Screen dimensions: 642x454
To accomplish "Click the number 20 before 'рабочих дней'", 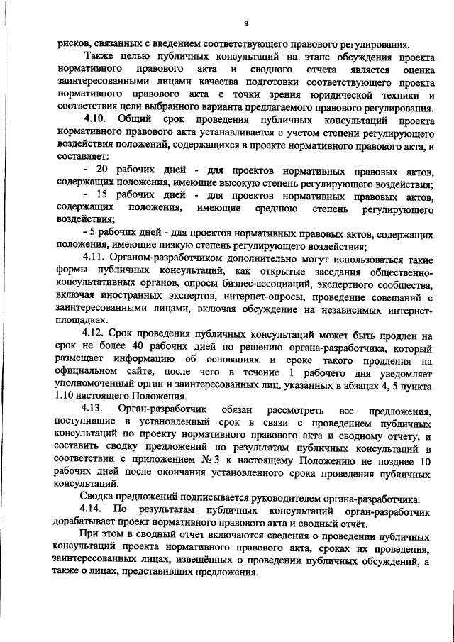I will pyautogui.click(x=101, y=172).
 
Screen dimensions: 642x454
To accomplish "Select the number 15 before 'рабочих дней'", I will pyautogui.click(x=101, y=194).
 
